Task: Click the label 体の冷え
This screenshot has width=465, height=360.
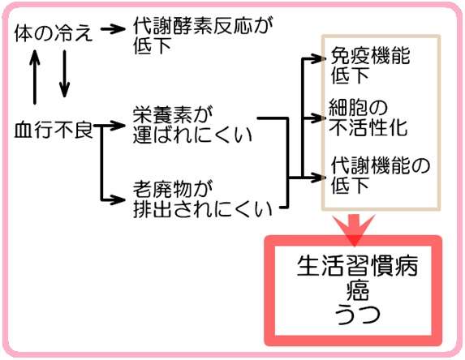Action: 54,32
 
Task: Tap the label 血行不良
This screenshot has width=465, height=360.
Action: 54,130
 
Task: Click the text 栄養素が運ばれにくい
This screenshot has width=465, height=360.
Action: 192,125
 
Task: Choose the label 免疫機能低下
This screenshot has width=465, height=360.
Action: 370,65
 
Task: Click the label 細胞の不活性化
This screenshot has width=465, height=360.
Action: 368,118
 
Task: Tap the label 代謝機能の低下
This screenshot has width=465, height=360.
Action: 381,175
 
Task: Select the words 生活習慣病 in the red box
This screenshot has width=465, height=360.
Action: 357,266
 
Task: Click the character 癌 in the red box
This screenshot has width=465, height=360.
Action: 358,290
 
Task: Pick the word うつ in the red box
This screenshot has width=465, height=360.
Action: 358,314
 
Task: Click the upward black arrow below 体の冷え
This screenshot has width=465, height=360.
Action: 35,77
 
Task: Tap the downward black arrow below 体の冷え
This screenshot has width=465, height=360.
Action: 64,74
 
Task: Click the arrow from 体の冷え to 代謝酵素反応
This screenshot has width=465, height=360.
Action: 113,28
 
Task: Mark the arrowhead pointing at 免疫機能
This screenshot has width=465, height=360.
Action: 318,58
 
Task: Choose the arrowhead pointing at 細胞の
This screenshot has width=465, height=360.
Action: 318,118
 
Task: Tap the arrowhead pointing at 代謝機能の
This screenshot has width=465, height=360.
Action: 318,178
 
